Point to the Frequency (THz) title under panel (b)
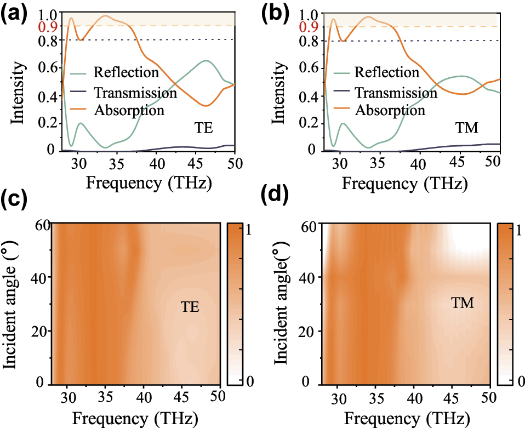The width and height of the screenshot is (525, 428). [x=405, y=184]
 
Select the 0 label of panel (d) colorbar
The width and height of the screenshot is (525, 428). [x=515, y=381]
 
